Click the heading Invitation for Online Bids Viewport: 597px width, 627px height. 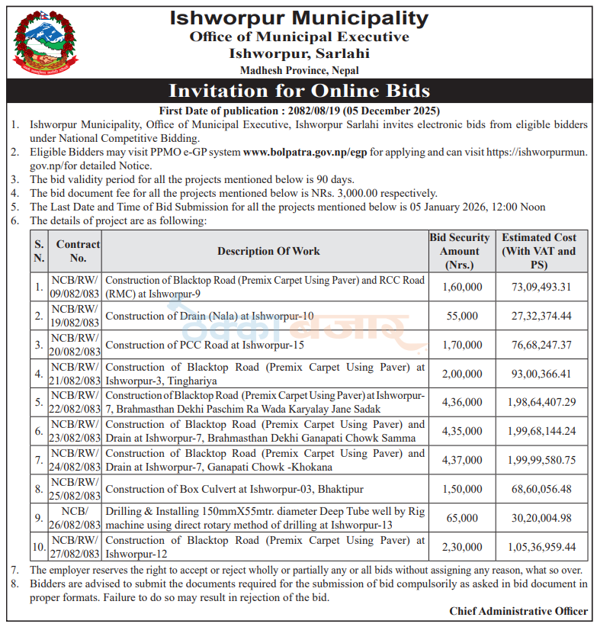299,91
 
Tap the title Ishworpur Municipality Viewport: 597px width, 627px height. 299,18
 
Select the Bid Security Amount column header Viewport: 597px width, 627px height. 460,251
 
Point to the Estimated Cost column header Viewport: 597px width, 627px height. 539,251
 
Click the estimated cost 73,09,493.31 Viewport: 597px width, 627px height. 539,287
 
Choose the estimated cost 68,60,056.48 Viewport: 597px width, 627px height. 539,489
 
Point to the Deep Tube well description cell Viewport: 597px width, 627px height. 265,518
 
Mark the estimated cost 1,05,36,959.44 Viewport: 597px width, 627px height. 539,547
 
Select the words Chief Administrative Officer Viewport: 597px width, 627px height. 518,611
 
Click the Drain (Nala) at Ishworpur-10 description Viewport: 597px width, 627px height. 210,316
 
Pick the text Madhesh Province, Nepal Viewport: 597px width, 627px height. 299,70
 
